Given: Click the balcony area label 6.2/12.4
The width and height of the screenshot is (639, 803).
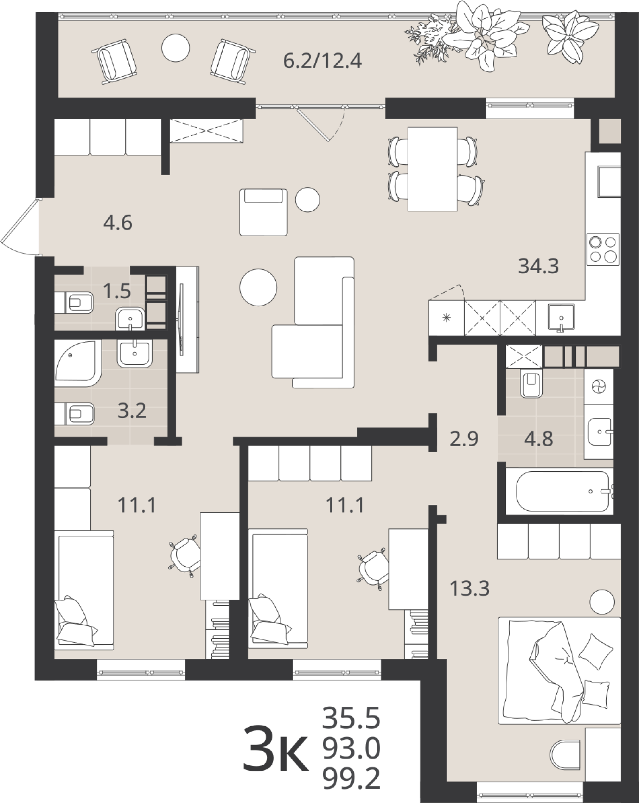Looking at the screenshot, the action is pyautogui.click(x=322, y=61).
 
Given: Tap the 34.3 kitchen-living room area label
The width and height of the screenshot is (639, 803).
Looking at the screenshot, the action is pyautogui.click(x=538, y=266).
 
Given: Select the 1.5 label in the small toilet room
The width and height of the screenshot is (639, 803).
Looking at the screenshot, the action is pyautogui.click(x=117, y=291).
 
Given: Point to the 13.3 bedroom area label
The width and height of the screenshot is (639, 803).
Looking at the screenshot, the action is pyautogui.click(x=469, y=589).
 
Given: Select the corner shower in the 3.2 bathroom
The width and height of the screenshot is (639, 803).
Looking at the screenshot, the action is pyautogui.click(x=77, y=363).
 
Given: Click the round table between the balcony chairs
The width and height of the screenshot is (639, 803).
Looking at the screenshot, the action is pyautogui.click(x=176, y=48).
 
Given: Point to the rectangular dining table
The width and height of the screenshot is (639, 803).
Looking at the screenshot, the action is pyautogui.click(x=433, y=169).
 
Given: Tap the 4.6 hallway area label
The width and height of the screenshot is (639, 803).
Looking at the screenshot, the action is pyautogui.click(x=118, y=223).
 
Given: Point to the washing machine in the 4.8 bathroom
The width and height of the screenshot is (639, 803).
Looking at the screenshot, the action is pyautogui.click(x=598, y=386).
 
